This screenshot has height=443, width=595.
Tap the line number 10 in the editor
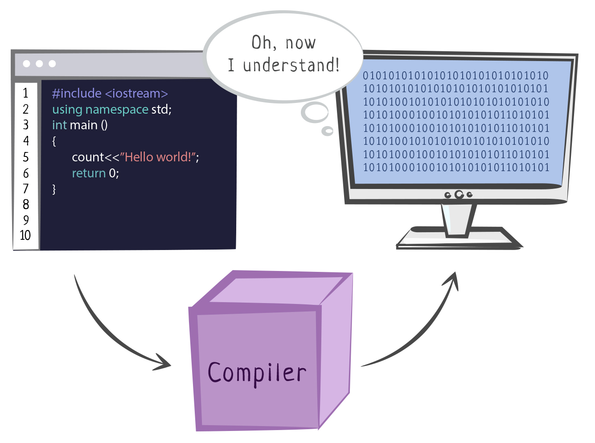[x=25, y=235]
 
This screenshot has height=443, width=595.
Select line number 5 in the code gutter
[x=26, y=157]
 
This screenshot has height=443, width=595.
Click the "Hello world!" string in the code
[x=159, y=157]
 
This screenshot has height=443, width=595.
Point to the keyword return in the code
[x=89, y=173]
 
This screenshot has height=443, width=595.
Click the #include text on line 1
[x=77, y=94]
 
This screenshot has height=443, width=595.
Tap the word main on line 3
[x=84, y=125]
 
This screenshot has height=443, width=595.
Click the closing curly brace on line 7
[x=54, y=189]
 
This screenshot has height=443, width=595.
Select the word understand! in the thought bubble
[x=291, y=66]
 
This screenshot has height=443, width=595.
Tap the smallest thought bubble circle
[x=328, y=131]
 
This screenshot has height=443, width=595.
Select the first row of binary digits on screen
[x=455, y=76]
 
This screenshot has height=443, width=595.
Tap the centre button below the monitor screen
[x=459, y=195]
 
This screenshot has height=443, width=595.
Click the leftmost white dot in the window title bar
[x=27, y=64]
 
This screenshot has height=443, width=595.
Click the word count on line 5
[x=88, y=157]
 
